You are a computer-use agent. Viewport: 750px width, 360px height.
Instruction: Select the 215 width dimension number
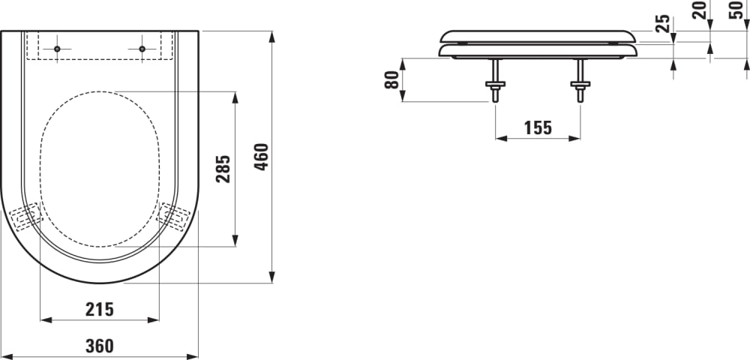coord(99,308)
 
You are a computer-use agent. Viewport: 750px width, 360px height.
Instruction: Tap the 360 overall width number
coord(99,345)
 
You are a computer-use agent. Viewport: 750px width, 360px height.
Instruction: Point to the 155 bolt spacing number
coord(537,127)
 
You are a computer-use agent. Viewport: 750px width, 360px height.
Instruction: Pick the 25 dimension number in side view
coord(662,23)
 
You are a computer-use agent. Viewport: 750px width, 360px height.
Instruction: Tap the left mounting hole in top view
coord(57,49)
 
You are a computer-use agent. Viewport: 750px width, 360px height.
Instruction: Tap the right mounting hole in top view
coord(142,49)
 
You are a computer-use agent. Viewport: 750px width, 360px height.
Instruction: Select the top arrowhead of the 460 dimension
coord(271,35)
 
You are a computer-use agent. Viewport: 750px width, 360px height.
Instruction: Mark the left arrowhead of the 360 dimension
coord(5,356)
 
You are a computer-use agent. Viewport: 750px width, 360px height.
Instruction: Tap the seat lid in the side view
coord(537,35)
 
